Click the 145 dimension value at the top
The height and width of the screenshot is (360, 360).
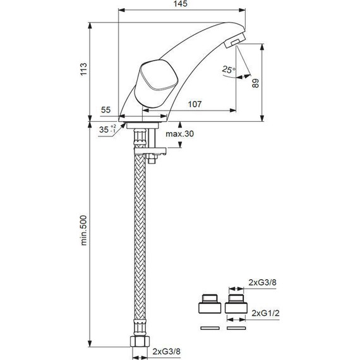pos(181,4)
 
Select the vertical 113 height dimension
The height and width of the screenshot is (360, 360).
pos(83,69)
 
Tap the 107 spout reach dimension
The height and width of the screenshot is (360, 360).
pos(195,104)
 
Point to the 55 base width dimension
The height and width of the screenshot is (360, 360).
pos(106,110)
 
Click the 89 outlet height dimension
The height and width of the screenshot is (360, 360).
pos(255,83)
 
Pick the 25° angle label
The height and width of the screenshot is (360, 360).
pos(229,69)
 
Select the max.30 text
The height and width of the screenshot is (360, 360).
pos(180,134)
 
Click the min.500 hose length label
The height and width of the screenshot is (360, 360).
pos(84,231)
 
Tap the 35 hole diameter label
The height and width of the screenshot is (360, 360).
pos(107,129)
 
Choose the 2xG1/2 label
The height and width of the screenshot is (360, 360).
pos(265,313)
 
